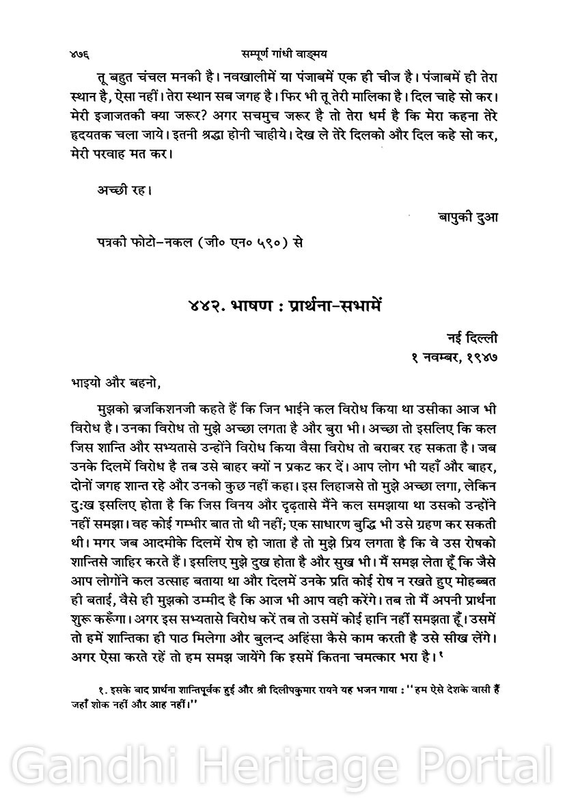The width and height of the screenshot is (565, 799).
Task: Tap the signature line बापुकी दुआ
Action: tap(468, 217)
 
